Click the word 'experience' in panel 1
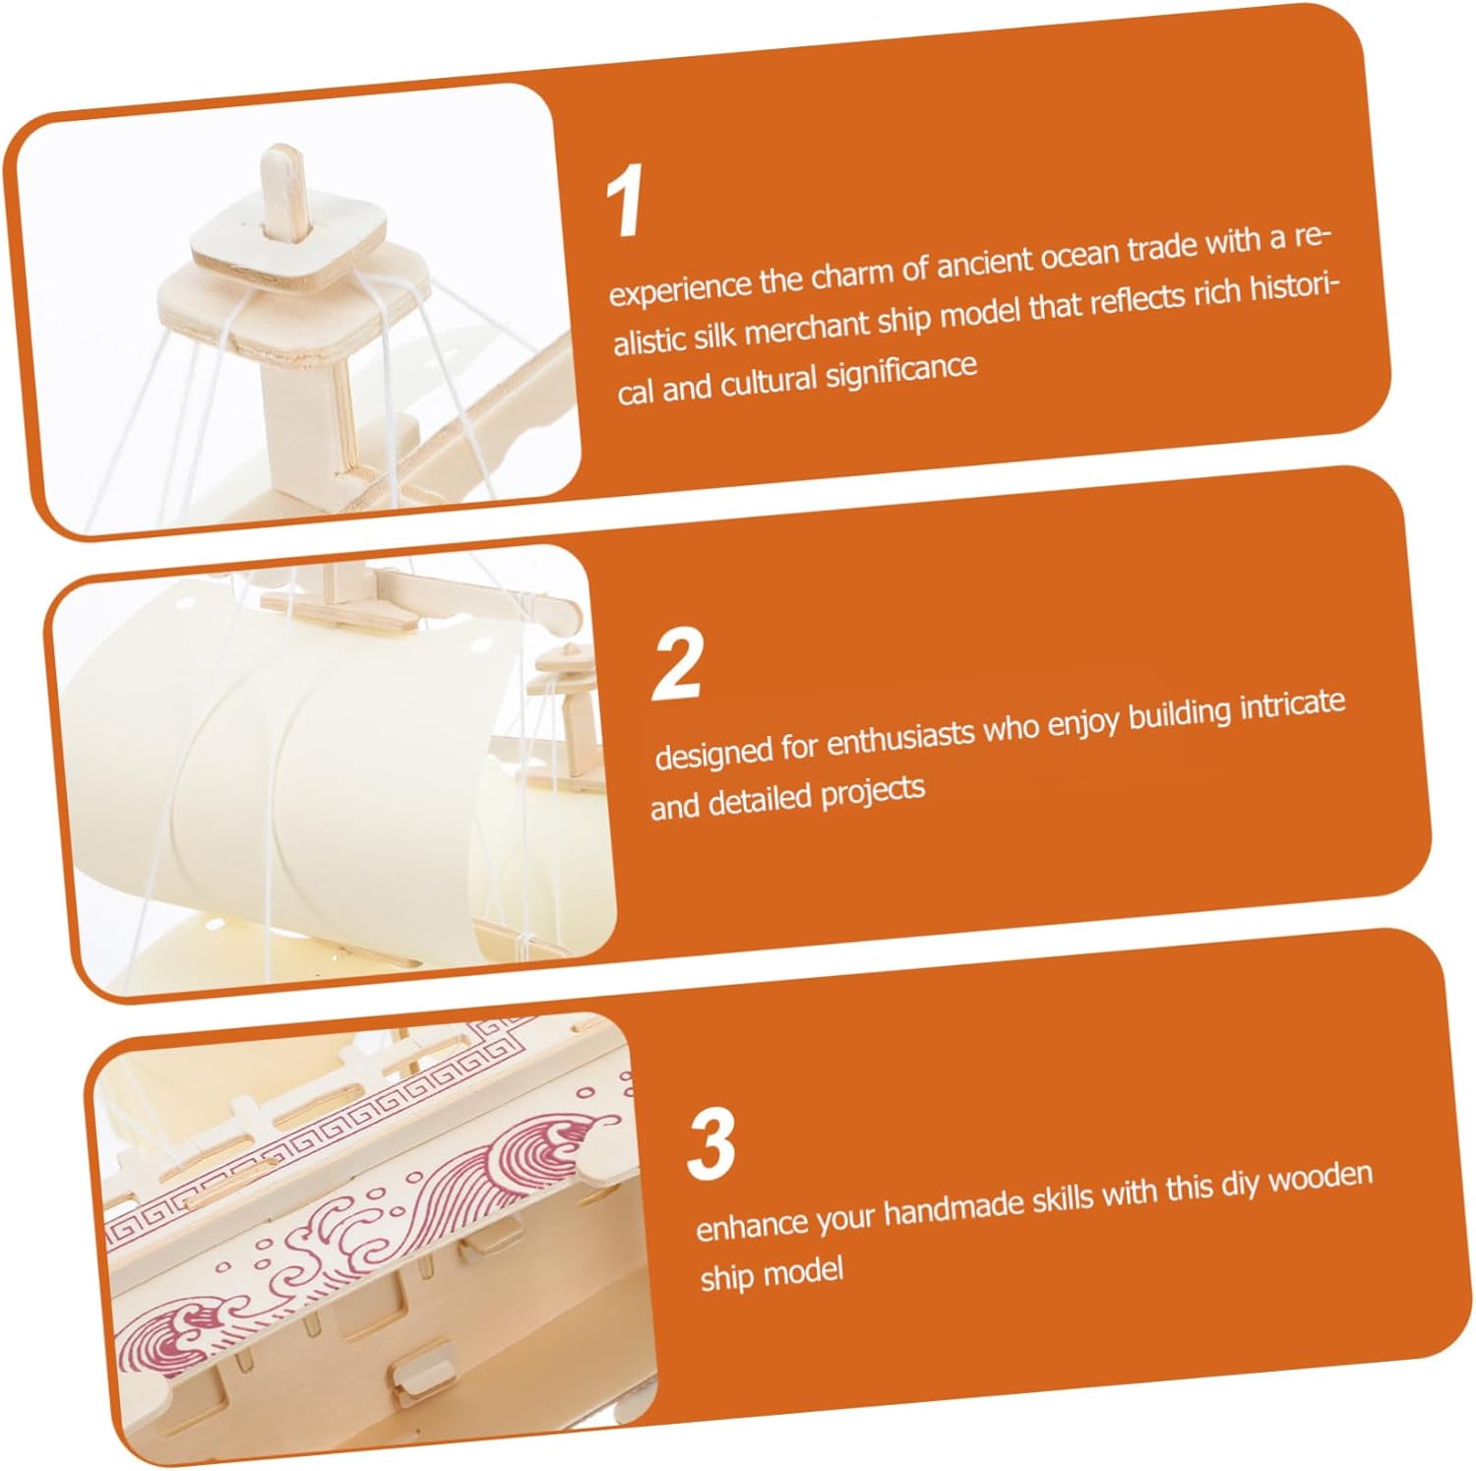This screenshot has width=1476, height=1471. click(x=680, y=287)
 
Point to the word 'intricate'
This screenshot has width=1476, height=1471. click(x=1292, y=707)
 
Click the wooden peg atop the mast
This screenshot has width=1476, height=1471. click(x=284, y=193)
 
